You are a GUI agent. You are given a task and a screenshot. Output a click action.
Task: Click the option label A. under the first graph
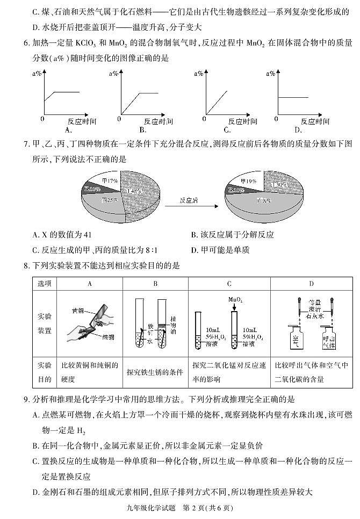click(68, 130)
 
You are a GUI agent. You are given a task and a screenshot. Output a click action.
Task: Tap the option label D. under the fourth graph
click(299, 130)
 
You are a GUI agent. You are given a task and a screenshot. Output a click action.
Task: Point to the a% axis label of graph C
click(198, 74)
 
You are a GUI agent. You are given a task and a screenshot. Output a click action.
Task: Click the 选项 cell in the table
click(45, 284)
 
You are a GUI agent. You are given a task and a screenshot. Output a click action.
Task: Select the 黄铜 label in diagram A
click(78, 311)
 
